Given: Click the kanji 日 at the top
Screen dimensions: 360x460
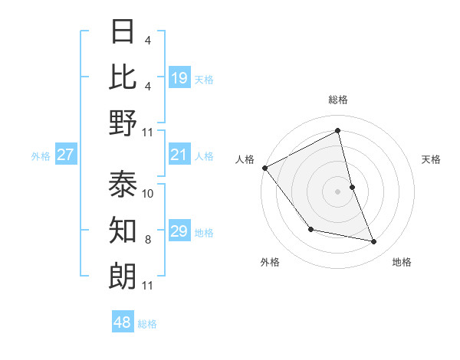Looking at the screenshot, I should point(123,31).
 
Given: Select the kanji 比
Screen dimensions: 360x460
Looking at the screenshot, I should point(123,77).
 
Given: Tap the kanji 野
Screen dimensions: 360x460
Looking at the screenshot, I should point(123,123).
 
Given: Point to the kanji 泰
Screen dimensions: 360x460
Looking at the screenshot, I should point(123,184).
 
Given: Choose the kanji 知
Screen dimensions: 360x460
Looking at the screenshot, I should point(123,229).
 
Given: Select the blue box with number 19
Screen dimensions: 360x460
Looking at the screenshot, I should point(179,77).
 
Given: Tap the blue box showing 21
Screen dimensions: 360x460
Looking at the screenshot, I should point(179,155).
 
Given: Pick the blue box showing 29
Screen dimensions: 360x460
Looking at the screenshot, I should point(179,231).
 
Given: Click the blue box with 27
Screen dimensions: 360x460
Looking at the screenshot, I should point(66,155).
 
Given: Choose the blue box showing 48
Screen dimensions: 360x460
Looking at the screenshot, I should point(123,322).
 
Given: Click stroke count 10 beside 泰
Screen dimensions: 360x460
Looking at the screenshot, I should point(148,194).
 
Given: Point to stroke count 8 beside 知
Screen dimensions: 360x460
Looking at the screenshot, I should point(148,240).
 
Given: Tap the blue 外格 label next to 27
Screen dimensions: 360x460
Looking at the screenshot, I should point(41,156).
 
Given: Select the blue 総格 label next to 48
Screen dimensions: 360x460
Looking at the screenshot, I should point(147,324).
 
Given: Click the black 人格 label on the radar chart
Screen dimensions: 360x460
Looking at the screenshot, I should point(245,159).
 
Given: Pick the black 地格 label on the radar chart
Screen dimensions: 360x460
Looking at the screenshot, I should point(402,262).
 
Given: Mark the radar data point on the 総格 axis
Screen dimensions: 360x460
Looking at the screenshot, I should point(337,131).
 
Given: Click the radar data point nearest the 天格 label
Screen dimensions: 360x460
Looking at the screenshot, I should point(352,187).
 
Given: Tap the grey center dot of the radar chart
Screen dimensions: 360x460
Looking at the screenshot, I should point(337,191).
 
